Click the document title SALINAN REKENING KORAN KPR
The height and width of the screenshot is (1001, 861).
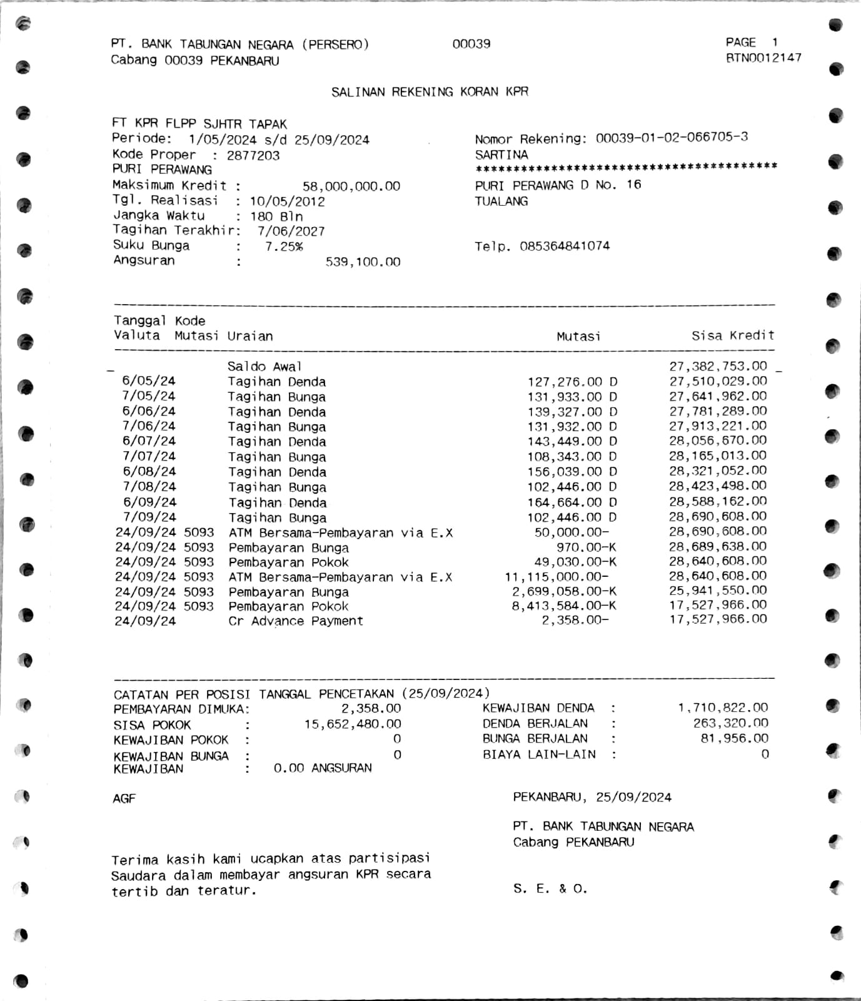(x=430, y=92)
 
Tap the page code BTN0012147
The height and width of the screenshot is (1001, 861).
(x=763, y=58)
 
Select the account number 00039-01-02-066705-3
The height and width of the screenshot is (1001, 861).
(x=672, y=138)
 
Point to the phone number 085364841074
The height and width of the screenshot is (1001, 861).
(x=564, y=246)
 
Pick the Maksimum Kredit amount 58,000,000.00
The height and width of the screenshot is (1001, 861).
(x=351, y=186)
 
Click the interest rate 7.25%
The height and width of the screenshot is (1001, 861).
(x=284, y=246)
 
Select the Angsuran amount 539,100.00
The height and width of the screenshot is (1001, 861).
(x=363, y=262)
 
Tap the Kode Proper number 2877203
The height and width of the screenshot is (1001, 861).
(x=253, y=155)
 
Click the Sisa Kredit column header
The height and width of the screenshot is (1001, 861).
(x=732, y=336)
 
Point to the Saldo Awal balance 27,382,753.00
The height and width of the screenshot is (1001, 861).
(x=717, y=366)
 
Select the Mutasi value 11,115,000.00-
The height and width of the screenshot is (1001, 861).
(x=556, y=577)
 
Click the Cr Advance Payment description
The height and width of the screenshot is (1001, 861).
(x=295, y=621)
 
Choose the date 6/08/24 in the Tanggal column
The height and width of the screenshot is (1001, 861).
(x=149, y=472)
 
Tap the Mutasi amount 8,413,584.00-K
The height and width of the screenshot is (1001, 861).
(x=563, y=606)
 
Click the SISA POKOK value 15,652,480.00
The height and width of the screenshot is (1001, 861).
(x=353, y=724)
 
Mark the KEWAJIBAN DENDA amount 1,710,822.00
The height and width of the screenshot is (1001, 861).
(x=723, y=708)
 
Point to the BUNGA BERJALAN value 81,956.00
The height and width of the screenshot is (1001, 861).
(x=734, y=738)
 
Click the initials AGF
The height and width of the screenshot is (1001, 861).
(x=124, y=798)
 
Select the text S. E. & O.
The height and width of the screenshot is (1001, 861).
(x=550, y=888)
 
